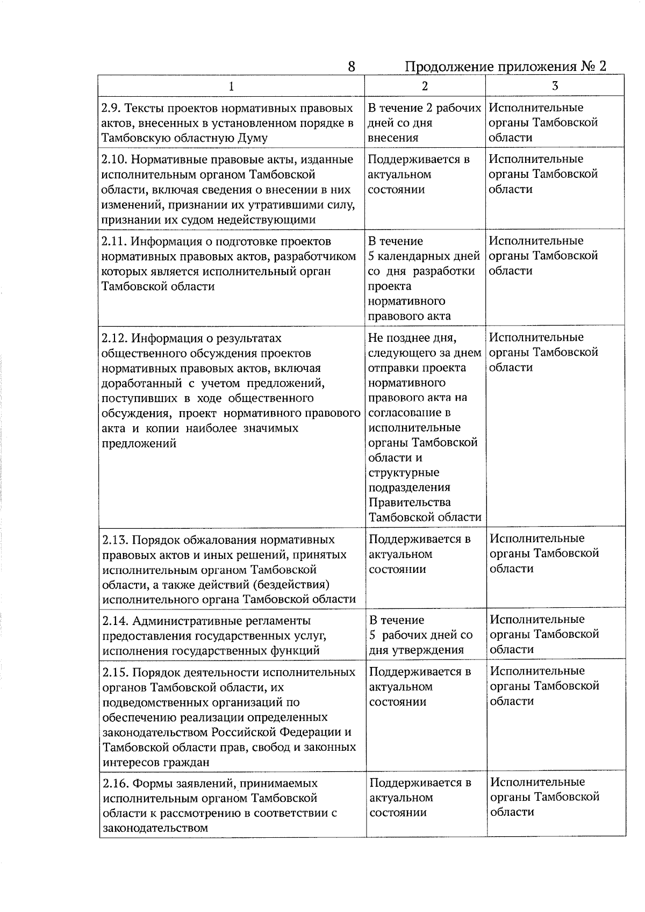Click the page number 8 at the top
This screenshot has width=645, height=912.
351,67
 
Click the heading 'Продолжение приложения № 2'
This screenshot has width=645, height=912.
505,67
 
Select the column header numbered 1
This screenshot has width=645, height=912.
231,86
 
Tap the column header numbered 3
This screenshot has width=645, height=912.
555,86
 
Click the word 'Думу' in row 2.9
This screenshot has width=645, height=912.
253,138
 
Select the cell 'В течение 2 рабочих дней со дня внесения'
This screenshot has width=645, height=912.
424,123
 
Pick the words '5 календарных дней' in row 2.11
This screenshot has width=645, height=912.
424,256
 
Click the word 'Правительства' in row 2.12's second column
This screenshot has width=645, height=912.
409,502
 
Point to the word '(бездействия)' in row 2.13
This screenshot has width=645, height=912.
294,585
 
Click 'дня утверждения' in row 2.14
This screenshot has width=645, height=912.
416,650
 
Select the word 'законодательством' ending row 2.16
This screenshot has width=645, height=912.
155,828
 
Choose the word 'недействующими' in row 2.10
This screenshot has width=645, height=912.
274,220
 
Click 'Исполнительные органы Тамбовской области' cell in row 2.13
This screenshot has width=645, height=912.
544,554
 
